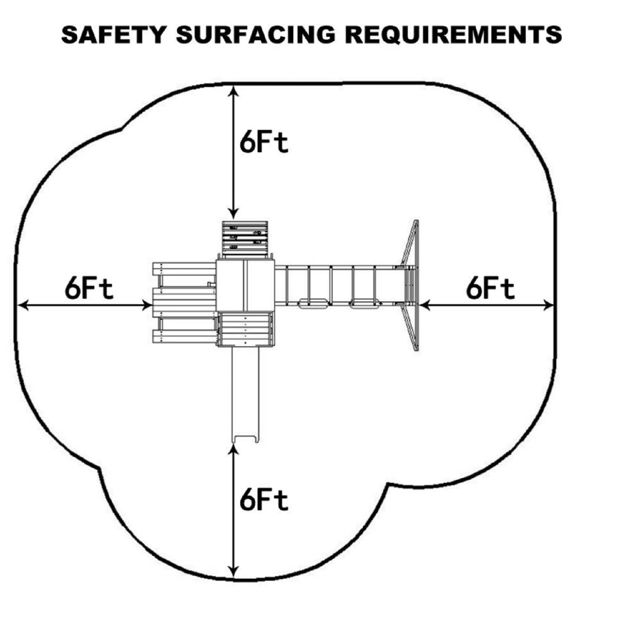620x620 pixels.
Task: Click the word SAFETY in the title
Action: coord(113,35)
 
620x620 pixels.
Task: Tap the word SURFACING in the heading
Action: coord(255,35)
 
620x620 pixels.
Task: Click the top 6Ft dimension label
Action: coord(264,143)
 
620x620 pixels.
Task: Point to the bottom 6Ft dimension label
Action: coord(264,500)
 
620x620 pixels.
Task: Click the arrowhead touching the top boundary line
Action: coord(234,91)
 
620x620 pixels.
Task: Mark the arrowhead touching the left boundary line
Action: coord(23,305)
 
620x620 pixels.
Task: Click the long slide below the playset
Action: coord(246,393)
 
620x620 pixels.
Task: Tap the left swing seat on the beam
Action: coord(313,305)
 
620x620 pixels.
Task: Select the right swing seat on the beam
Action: coord(365,305)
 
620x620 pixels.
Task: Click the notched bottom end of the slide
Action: coord(246,438)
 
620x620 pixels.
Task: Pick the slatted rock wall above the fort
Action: coord(245,239)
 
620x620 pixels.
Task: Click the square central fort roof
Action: coord(245,285)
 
